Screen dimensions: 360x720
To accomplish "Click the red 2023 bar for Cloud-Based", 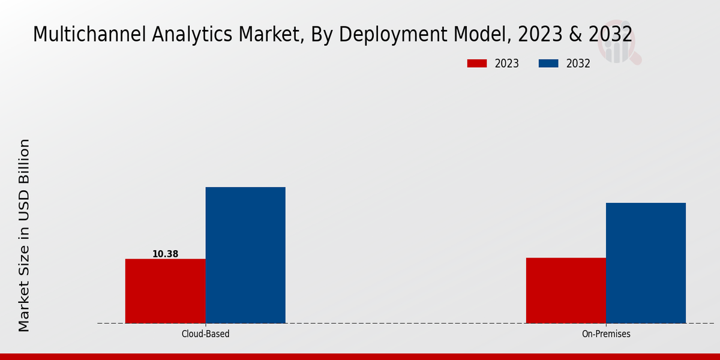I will (x=165, y=291).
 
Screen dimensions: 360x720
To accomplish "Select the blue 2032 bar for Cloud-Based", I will (x=245, y=255).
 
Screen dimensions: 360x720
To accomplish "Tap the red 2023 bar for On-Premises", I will (x=566, y=290).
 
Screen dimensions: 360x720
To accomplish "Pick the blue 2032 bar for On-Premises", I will (x=646, y=263).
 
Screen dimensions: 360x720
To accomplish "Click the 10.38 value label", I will (x=165, y=254).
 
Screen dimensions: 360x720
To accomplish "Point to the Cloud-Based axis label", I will (x=205, y=334).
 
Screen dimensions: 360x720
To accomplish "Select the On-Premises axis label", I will (x=606, y=334).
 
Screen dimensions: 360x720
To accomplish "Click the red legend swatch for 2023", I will (x=477, y=64).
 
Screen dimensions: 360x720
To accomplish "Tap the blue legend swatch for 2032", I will (x=548, y=64).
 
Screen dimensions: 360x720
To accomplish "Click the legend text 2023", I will (x=507, y=64).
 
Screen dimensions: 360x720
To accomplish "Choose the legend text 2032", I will (x=578, y=64).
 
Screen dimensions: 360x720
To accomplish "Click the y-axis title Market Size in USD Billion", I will (x=24, y=235).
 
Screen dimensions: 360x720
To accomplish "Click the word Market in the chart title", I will (x=270, y=35).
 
